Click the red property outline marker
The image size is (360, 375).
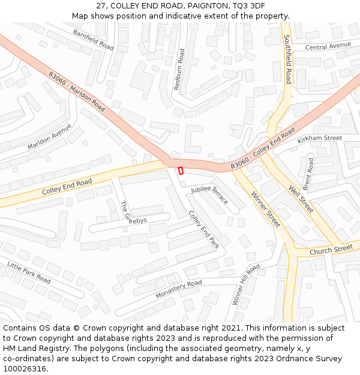(x=181, y=170)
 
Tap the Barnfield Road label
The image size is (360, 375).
(x=93, y=40)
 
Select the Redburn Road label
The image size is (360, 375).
(x=178, y=73)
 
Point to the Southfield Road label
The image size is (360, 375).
(x=287, y=59)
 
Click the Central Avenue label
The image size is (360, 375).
(x=328, y=46)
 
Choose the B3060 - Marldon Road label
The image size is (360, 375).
(x=77, y=92)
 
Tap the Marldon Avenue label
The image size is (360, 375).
(x=49, y=137)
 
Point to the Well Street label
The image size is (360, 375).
(x=301, y=199)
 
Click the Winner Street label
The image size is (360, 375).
(x=265, y=209)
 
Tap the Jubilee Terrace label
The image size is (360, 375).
(x=210, y=195)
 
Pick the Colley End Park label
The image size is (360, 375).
(x=204, y=229)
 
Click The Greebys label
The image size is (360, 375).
(x=133, y=212)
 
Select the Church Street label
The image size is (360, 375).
(x=331, y=249)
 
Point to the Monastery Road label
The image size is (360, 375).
(x=179, y=290)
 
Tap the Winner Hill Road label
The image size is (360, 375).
(x=245, y=284)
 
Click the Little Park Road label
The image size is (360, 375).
(x=29, y=272)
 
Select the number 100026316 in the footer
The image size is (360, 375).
(x=24, y=369)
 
